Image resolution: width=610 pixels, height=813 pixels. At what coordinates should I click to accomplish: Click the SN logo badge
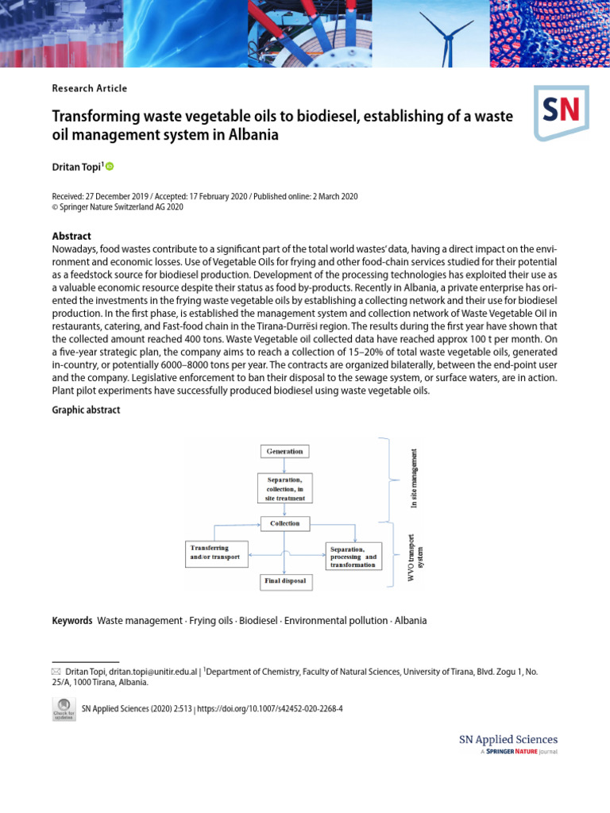(x=561, y=112)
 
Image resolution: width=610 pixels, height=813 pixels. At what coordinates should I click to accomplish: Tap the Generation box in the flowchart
(x=284, y=451)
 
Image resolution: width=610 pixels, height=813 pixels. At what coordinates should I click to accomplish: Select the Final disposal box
(x=284, y=581)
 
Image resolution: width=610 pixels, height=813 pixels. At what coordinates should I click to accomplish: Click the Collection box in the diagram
(x=284, y=523)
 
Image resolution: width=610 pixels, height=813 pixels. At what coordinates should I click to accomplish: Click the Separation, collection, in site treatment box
(x=284, y=488)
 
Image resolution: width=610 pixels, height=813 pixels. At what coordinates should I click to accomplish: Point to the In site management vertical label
(x=414, y=479)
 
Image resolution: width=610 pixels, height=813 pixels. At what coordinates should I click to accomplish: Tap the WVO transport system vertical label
(x=415, y=557)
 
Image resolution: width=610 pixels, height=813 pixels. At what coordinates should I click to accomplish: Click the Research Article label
(x=89, y=89)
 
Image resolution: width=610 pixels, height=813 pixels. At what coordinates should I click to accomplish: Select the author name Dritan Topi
(x=75, y=167)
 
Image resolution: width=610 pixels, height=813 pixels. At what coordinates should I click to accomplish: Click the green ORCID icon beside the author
(x=110, y=166)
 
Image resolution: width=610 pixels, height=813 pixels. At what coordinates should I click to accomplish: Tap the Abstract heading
(x=71, y=236)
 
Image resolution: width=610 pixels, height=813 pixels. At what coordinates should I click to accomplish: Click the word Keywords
(x=72, y=620)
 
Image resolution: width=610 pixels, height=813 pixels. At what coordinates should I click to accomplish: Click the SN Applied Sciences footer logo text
(x=508, y=739)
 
